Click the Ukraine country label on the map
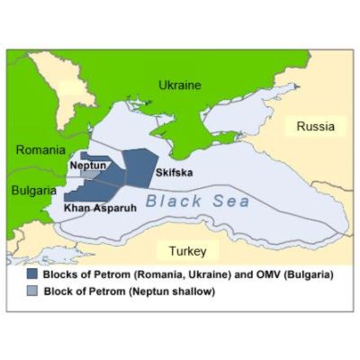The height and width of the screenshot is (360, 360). (180, 85)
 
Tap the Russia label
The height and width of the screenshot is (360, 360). (315, 127)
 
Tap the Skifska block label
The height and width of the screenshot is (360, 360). (173, 171)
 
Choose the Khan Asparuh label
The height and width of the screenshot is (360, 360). (98, 208)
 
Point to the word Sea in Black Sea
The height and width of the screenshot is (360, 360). (230, 202)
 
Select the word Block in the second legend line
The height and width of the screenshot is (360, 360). (59, 291)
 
